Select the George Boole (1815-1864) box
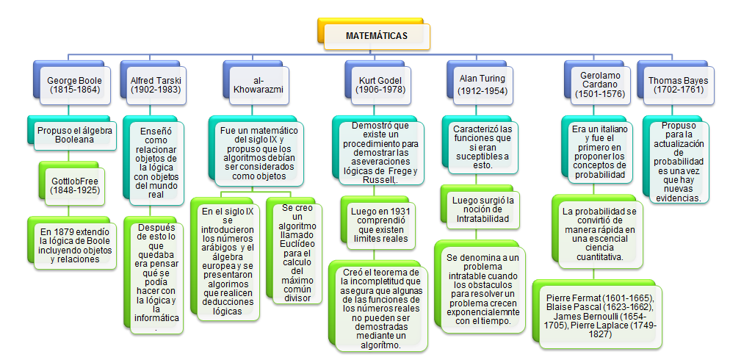coord(74,84)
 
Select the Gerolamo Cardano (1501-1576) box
coord(596,84)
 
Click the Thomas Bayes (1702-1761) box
coord(676,84)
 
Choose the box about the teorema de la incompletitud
coord(379,304)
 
